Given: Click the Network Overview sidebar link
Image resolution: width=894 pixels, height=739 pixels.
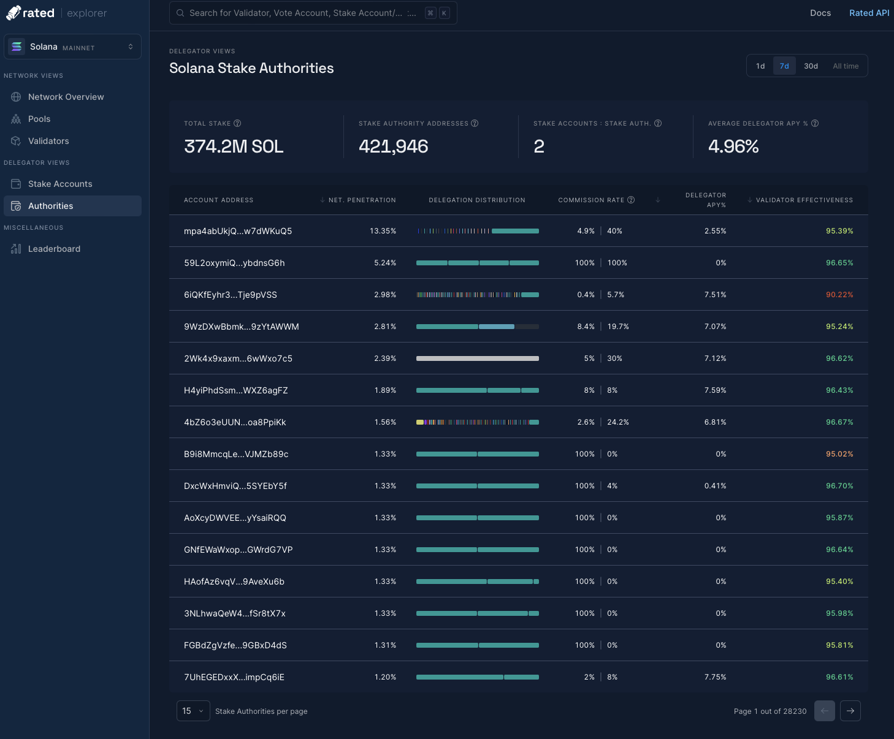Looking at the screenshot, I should coord(66,97).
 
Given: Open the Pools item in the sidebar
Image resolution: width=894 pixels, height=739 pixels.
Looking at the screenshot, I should coord(39,119).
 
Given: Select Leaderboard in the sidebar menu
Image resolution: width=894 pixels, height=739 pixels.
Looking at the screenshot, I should coord(54,249).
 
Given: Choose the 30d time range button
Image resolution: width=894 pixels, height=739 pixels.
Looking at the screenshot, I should coord(811,66).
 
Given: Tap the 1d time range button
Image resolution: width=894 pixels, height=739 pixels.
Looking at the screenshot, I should coord(760,66).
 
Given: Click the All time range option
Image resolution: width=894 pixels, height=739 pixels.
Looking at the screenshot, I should coord(846,66).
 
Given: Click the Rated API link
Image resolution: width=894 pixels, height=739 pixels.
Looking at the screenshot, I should coord(869,13).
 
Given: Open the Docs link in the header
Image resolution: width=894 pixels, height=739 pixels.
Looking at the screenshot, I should coord(820,13).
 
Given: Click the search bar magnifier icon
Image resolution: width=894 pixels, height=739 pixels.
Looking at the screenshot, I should coord(180,13).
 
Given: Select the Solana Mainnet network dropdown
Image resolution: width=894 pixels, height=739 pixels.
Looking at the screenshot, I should coord(72,47).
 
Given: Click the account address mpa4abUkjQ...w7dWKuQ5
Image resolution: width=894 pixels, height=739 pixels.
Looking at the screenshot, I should coord(238,231).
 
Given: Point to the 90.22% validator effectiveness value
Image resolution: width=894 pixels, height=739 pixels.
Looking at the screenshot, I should coord(839,295).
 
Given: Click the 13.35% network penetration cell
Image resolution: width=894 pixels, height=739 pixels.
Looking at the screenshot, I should coord(383,231).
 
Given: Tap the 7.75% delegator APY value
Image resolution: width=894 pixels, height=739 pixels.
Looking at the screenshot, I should coord(715,677).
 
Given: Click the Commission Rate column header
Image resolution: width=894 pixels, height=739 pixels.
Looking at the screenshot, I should coord(591,200).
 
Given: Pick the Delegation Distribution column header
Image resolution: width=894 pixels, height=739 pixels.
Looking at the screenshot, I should coord(477,200).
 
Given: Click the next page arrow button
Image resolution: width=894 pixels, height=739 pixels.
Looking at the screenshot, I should coord(850,711).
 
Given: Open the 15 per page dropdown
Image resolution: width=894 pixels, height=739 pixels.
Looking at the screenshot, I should coord(193,711).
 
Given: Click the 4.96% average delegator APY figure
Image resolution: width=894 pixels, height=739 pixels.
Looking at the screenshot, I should coord(733,146).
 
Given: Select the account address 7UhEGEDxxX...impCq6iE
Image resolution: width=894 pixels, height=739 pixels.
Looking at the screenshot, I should coord(234,677).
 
